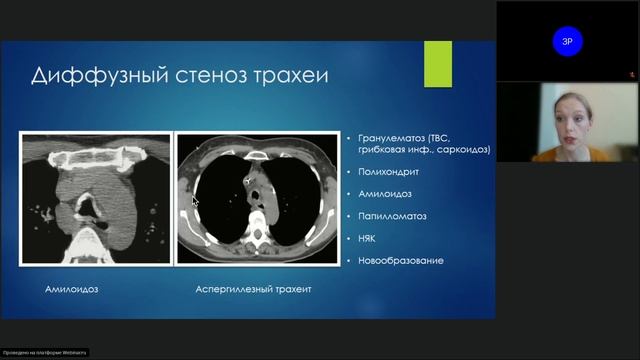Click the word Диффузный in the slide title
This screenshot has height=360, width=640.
tap(88, 76)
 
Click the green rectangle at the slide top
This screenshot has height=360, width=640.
tap(438, 63)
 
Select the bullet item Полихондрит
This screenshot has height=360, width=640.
tap(378, 172)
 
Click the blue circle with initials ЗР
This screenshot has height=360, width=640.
tap(568, 41)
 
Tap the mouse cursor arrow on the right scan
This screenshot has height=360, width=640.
tap(195, 201)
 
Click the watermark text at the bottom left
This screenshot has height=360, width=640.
tap(44, 352)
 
